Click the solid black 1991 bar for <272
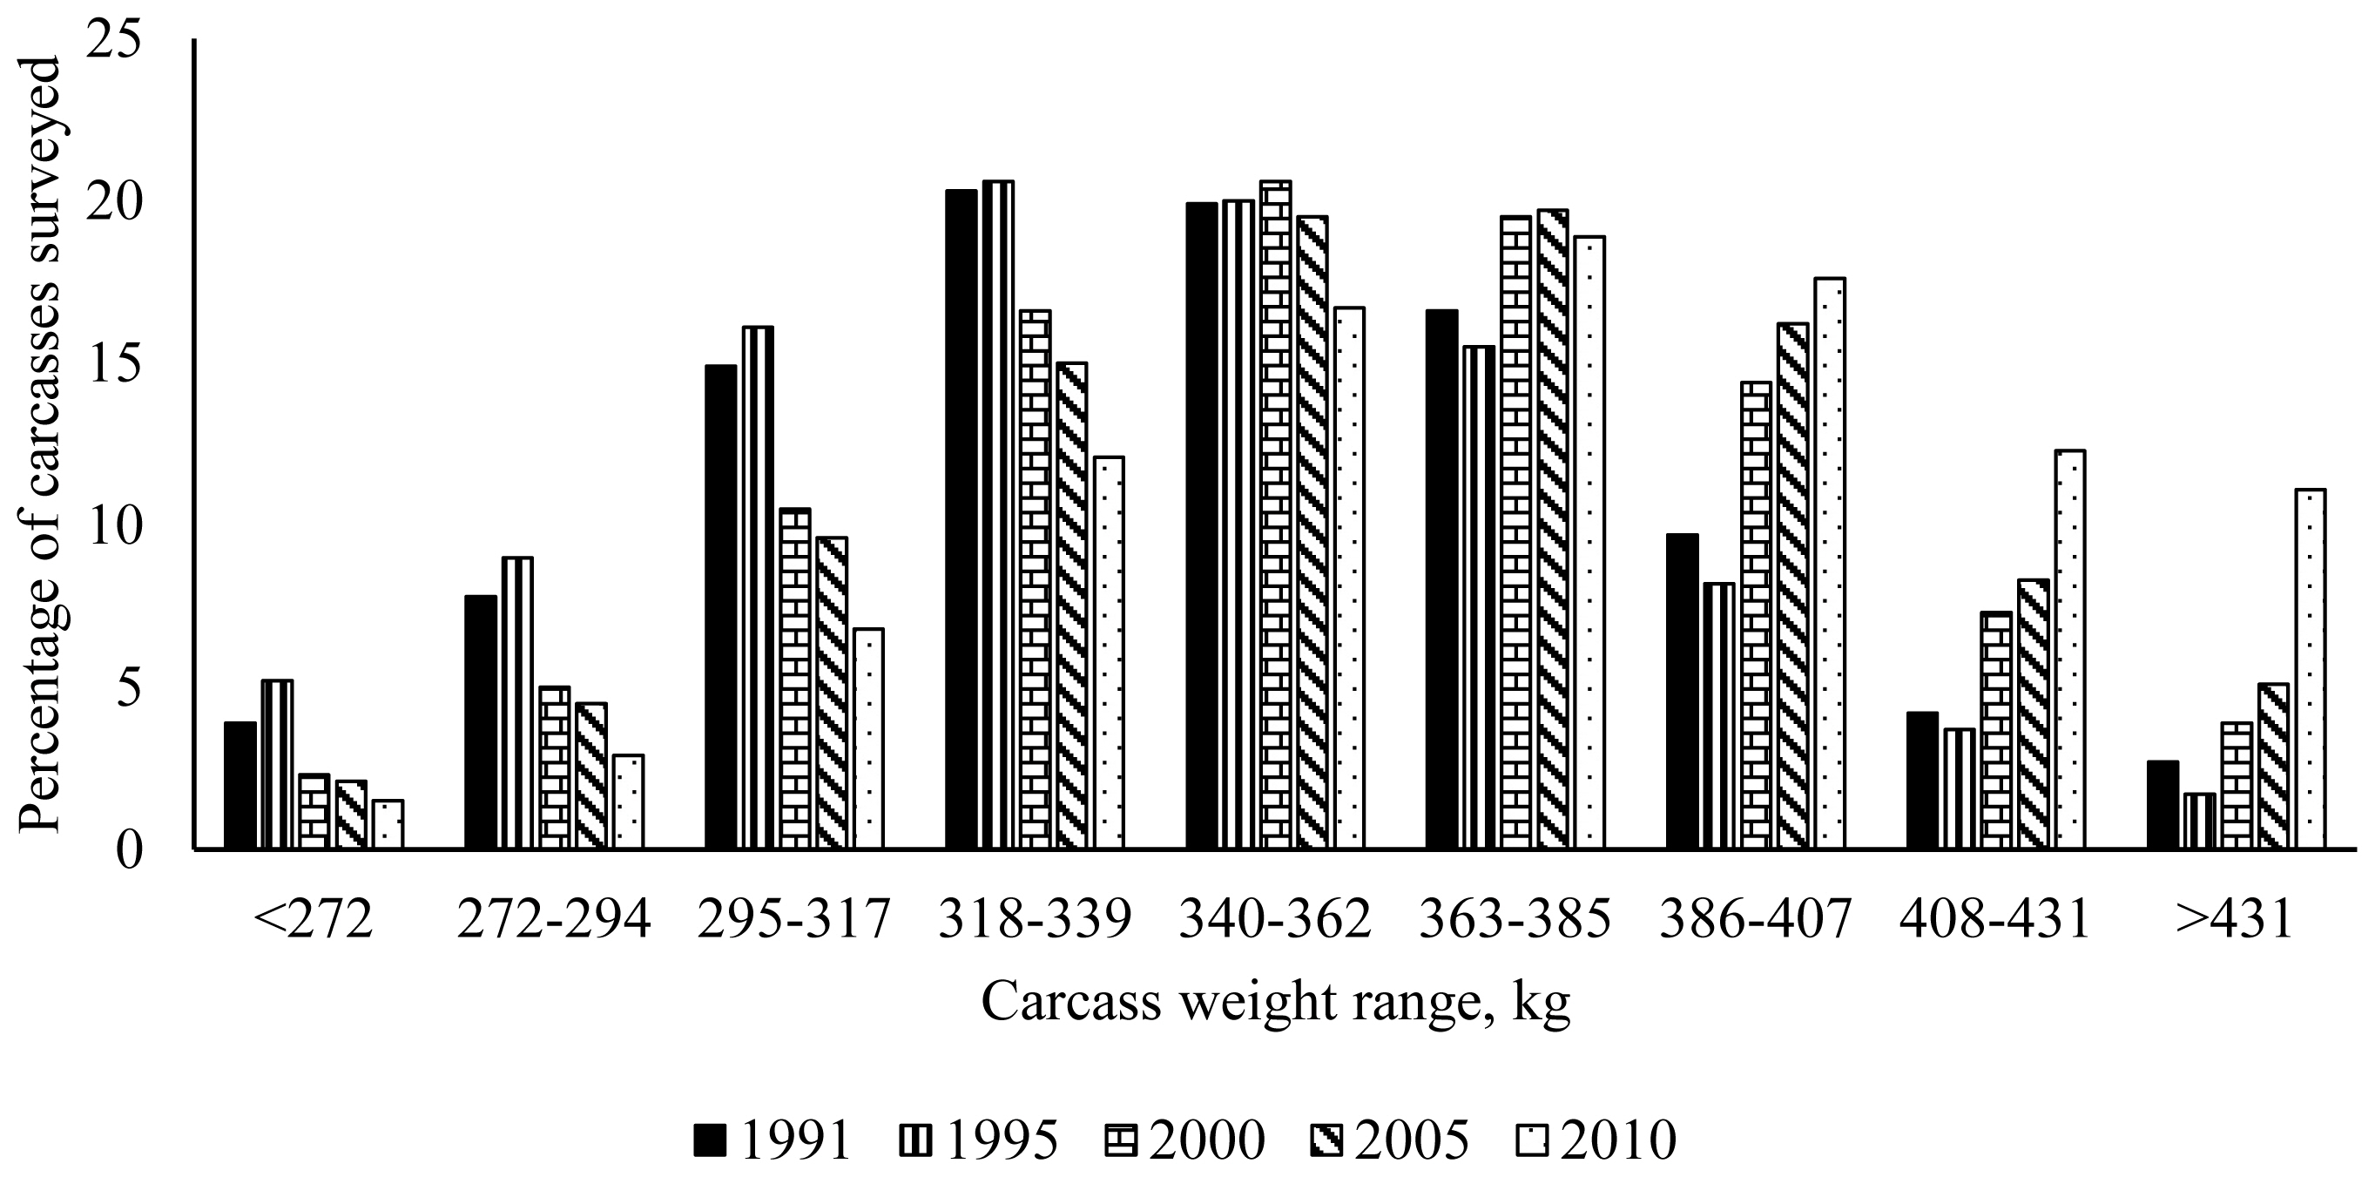pyautogui.click(x=240, y=785)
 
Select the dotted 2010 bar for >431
pyautogui.click(x=2311, y=669)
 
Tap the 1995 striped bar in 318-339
pyautogui.click(x=997, y=515)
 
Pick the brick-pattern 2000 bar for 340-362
pyautogui.click(x=1275, y=515)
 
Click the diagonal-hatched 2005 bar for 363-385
pyautogui.click(x=1553, y=530)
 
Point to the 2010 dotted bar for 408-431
pyautogui.click(x=2070, y=649)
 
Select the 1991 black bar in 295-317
pyautogui.click(x=721, y=607)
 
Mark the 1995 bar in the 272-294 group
pyautogui.click(x=517, y=703)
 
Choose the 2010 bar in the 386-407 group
pyautogui.click(x=1829, y=564)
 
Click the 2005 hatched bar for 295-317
pyautogui.click(x=832, y=693)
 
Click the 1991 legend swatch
pyautogui.click(x=711, y=1142)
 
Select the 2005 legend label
pyautogui.click(x=1411, y=1141)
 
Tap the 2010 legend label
pyautogui.click(x=1618, y=1141)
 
